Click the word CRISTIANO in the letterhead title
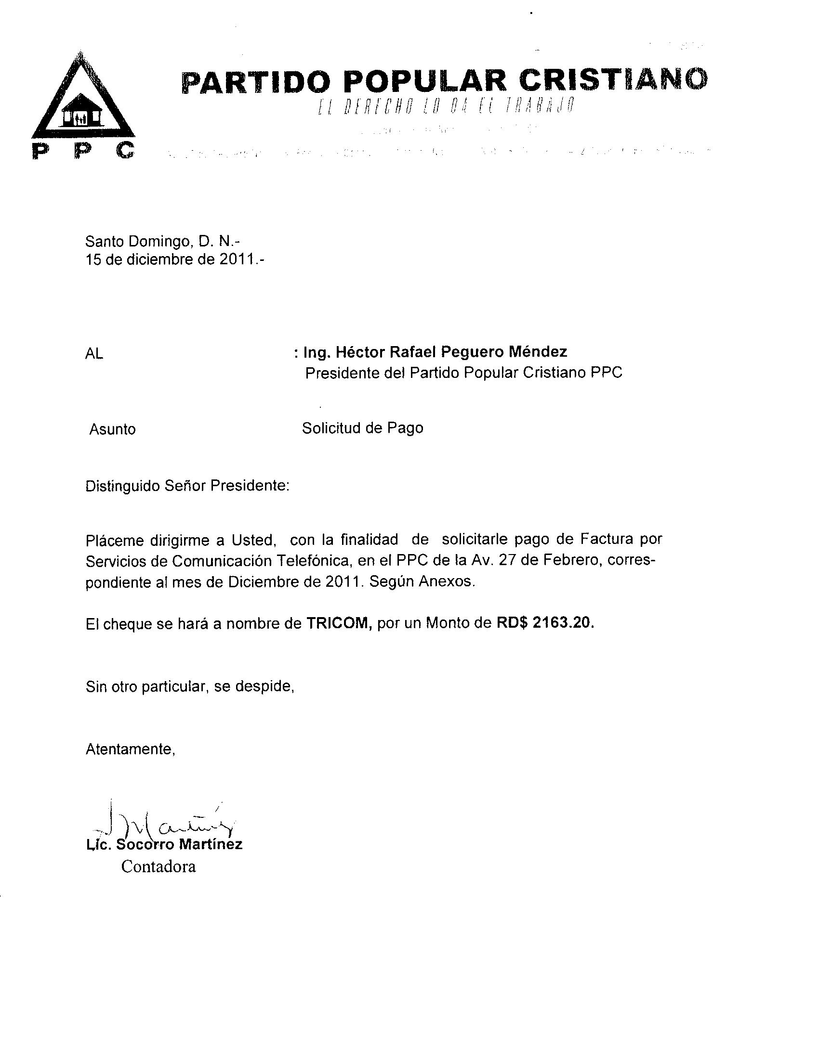tap(613, 79)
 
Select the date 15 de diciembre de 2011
tap(175, 260)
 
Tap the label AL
tap(94, 354)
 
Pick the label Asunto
tap(112, 429)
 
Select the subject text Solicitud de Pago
tap(362, 427)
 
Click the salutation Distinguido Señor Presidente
tap(187, 485)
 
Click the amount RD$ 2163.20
tap(545, 622)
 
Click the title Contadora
tap(158, 866)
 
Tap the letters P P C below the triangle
tap(83, 151)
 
